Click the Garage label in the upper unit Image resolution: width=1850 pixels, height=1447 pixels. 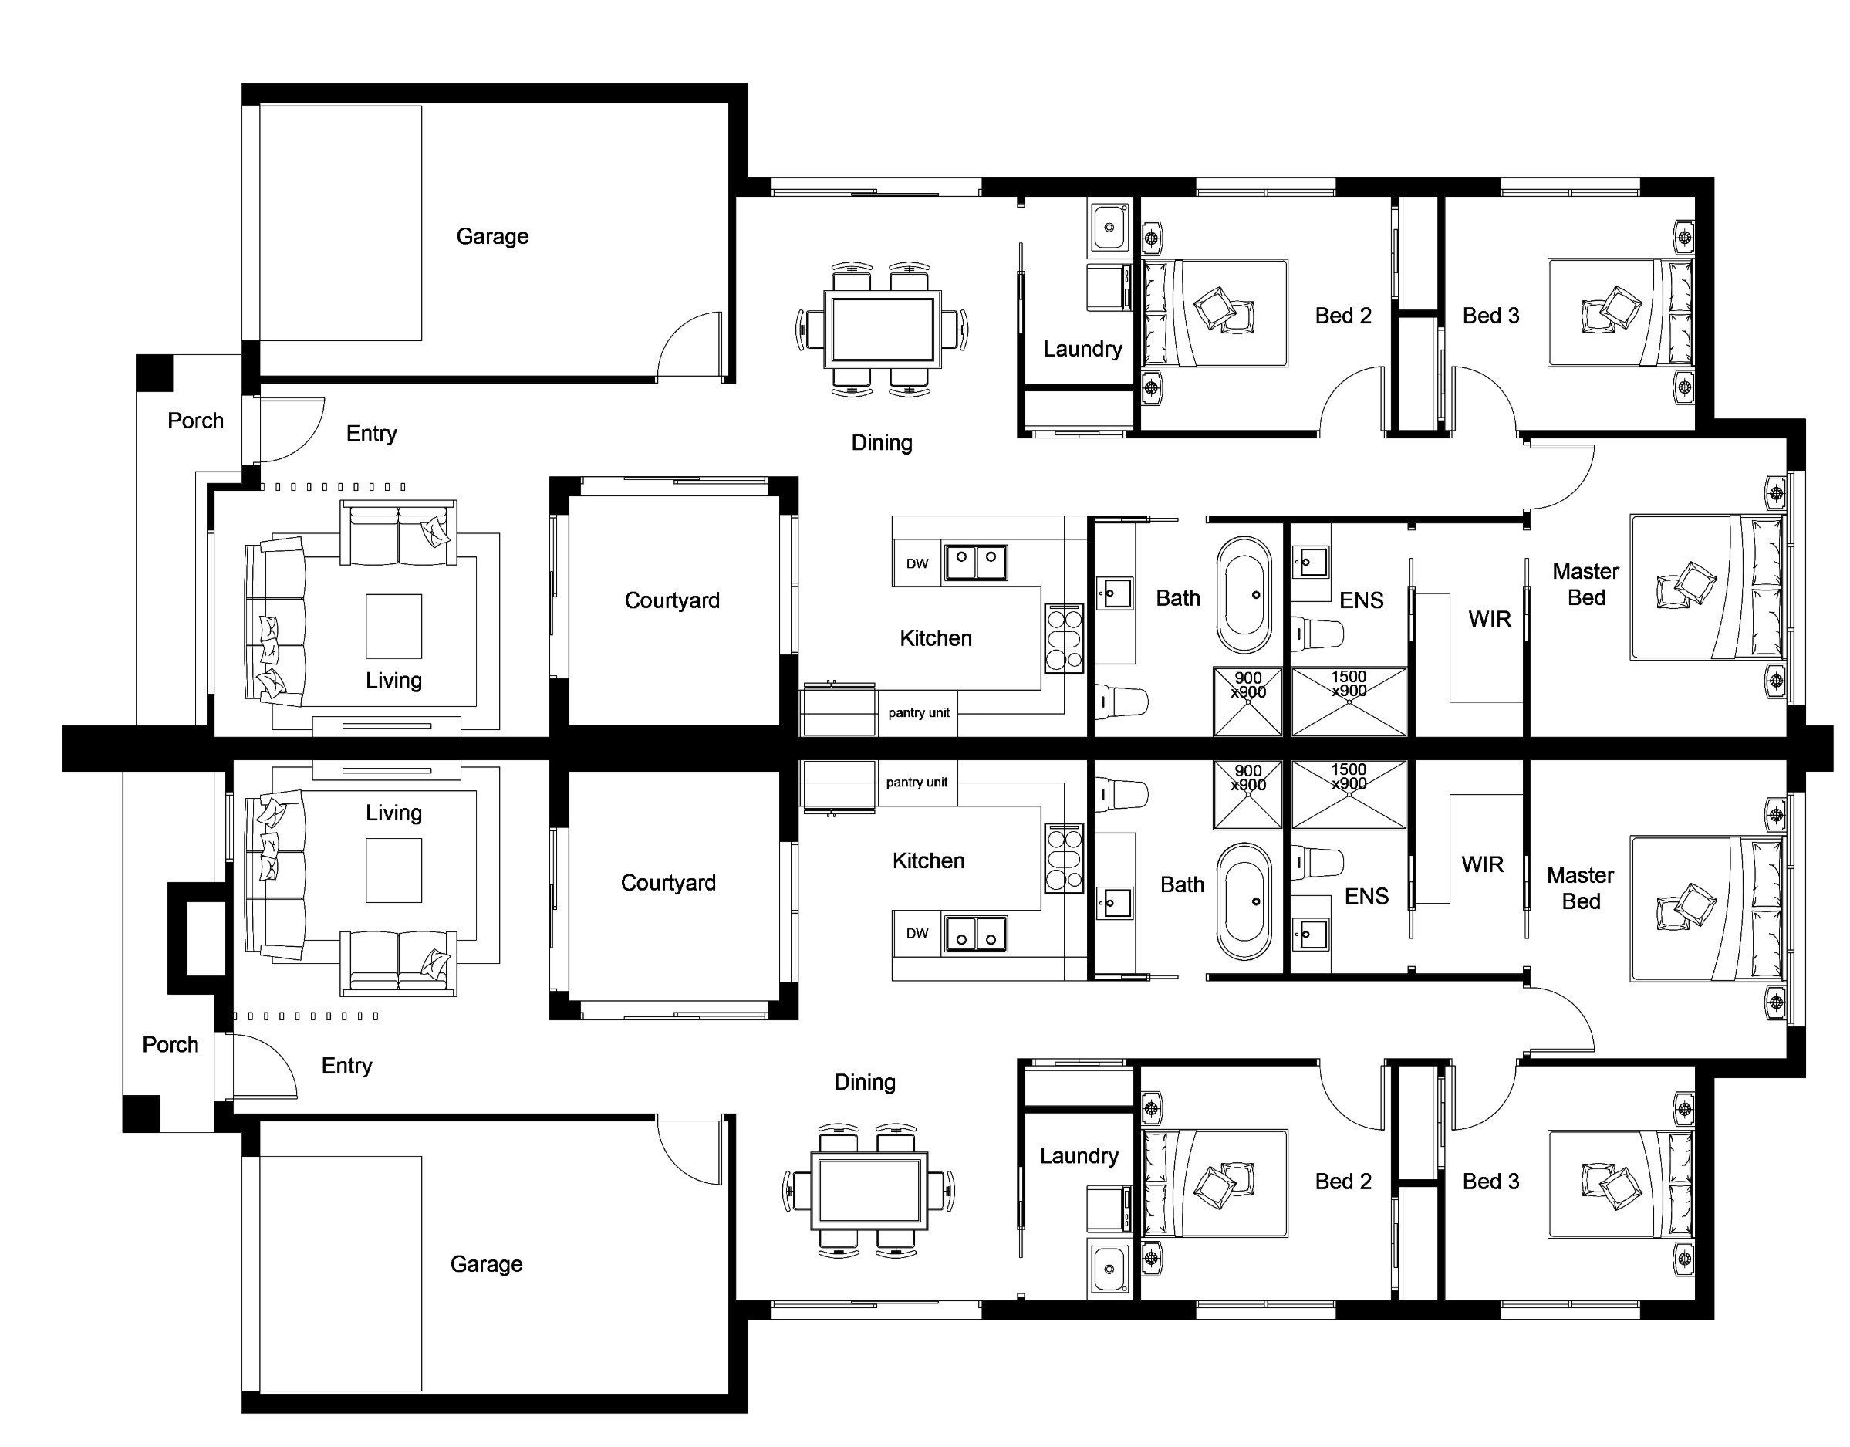click(x=492, y=236)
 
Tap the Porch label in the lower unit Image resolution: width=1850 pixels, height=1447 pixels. click(x=170, y=1045)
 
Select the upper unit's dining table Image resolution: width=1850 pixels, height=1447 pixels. click(x=882, y=329)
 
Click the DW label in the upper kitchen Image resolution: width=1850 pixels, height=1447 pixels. click(x=917, y=563)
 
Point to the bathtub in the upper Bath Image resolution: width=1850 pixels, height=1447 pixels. click(x=1244, y=594)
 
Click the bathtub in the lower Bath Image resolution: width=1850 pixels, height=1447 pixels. click(x=1244, y=901)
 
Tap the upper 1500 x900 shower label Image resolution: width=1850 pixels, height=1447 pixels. click(x=1349, y=684)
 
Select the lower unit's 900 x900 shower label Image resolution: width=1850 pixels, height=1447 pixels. click(x=1247, y=778)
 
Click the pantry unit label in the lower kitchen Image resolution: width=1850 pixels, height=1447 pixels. click(x=917, y=782)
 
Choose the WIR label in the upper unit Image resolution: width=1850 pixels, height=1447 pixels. click(x=1489, y=619)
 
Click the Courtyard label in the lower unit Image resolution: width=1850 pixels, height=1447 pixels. click(x=668, y=883)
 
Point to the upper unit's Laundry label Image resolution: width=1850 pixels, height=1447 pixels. click(x=1082, y=349)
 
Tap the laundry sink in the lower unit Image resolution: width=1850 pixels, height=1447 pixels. click(x=1109, y=1268)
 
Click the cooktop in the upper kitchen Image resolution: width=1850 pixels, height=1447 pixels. click(x=1064, y=639)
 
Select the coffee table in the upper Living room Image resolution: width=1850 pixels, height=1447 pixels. click(x=394, y=626)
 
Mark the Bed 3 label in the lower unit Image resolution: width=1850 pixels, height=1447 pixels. click(x=1490, y=1181)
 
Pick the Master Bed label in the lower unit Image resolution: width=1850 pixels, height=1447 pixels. click(x=1581, y=887)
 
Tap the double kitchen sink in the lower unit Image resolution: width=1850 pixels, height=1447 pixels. click(x=976, y=934)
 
